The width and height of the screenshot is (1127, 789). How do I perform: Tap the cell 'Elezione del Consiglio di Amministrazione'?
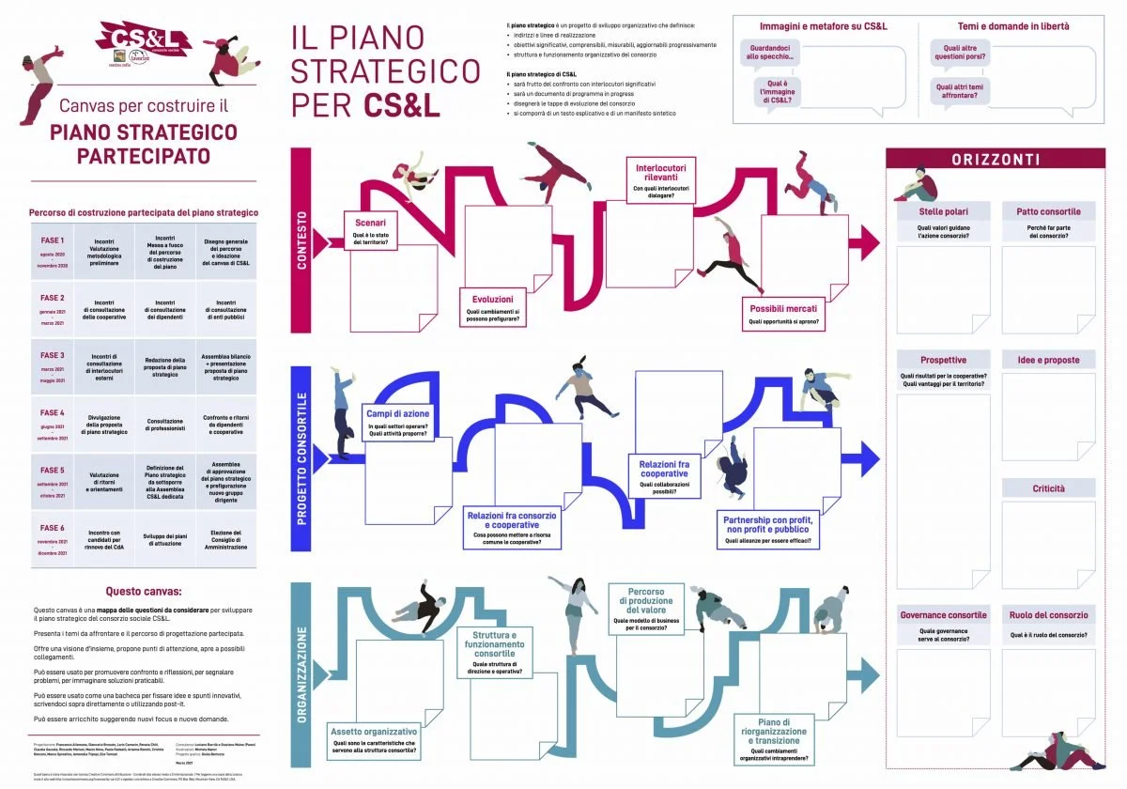pyautogui.click(x=225, y=539)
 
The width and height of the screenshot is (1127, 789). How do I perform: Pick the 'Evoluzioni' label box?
pyautogui.click(x=493, y=306)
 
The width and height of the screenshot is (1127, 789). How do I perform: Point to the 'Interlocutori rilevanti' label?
pyautogui.click(x=660, y=179)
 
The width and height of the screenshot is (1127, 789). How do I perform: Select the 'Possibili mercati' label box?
pyautogui.click(x=783, y=314)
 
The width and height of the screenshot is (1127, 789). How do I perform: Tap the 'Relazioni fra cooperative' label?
pyautogui.click(x=664, y=474)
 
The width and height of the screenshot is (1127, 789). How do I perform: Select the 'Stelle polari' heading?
pyautogui.click(x=943, y=211)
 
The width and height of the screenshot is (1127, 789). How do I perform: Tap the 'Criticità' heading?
pyautogui.click(x=1048, y=489)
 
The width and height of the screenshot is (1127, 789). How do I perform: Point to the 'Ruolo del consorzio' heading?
pyautogui.click(x=1048, y=616)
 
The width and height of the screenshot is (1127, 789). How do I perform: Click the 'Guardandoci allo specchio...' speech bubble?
pyautogui.click(x=770, y=52)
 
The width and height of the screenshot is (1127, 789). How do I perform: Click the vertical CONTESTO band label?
pyautogui.click(x=301, y=240)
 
